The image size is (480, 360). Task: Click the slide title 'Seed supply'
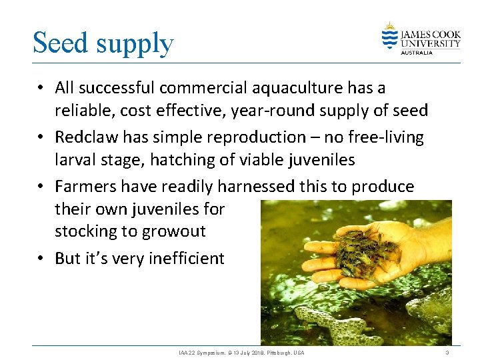point(103,43)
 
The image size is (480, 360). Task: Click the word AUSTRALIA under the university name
point(416,52)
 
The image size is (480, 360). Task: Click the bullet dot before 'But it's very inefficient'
point(41,259)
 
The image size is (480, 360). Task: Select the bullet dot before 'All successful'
point(41,88)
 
